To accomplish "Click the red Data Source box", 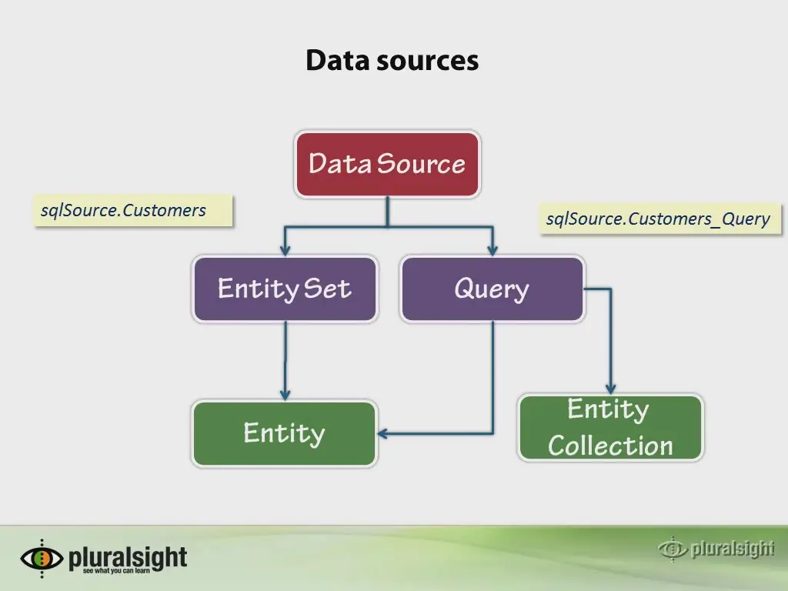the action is click(x=387, y=165).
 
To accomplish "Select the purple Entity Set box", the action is click(x=285, y=289).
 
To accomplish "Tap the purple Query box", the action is click(x=492, y=289).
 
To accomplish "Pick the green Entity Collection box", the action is click(x=610, y=428).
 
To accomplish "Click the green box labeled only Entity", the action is click(x=285, y=434).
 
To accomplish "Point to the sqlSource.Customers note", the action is click(x=133, y=211).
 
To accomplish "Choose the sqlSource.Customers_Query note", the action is click(x=660, y=219).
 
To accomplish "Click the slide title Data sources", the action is click(x=392, y=60).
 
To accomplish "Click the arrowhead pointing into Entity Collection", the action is click(x=610, y=389).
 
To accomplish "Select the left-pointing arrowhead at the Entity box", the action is click(x=383, y=434).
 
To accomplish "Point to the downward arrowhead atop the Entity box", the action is click(x=285, y=395).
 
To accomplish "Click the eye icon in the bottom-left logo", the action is click(x=42, y=559).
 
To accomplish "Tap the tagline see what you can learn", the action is click(x=116, y=571).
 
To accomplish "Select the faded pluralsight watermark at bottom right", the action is click(x=716, y=549).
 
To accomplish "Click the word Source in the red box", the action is click(x=421, y=164).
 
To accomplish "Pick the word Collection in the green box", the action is click(x=610, y=446).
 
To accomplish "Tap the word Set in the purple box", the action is click(x=327, y=289).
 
